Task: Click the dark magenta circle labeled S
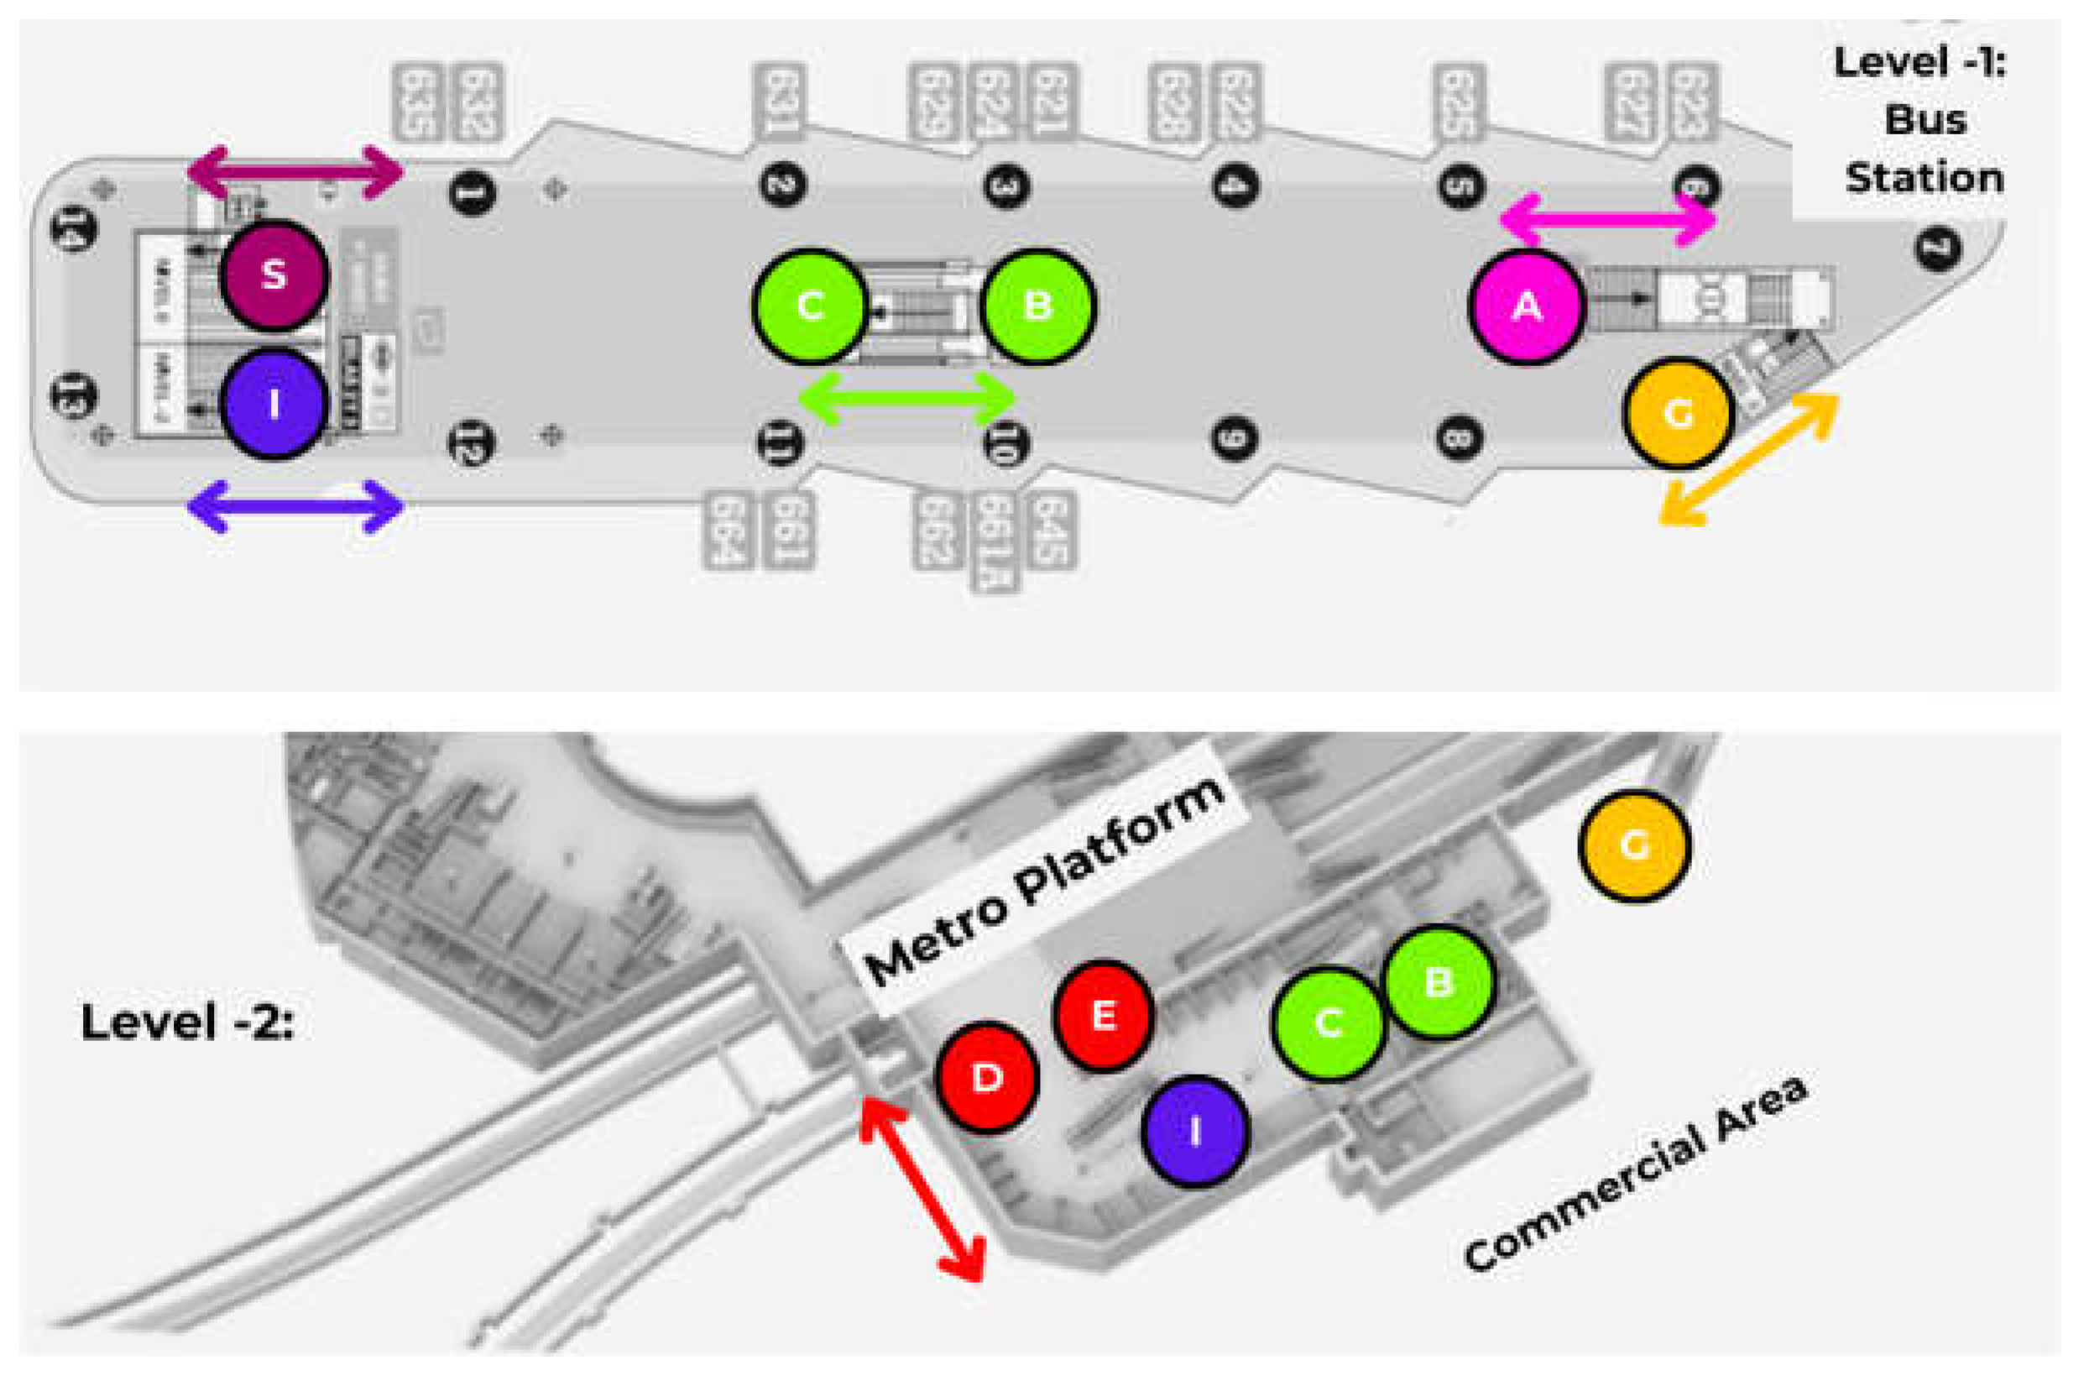(x=274, y=275)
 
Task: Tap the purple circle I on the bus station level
(x=274, y=405)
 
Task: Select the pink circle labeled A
(x=1526, y=306)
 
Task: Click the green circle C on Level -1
(x=809, y=306)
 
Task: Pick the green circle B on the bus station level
(x=1038, y=306)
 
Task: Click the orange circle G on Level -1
(x=1678, y=413)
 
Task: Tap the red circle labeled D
(x=986, y=1076)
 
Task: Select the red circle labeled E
(x=1103, y=1016)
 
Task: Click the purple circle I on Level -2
(x=1195, y=1132)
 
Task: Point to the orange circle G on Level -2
(x=1634, y=846)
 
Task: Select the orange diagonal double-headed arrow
(x=1748, y=461)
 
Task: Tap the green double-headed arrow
(x=906, y=399)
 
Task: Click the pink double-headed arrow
(x=1607, y=220)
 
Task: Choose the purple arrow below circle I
(x=295, y=506)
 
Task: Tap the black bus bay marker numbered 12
(x=472, y=442)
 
